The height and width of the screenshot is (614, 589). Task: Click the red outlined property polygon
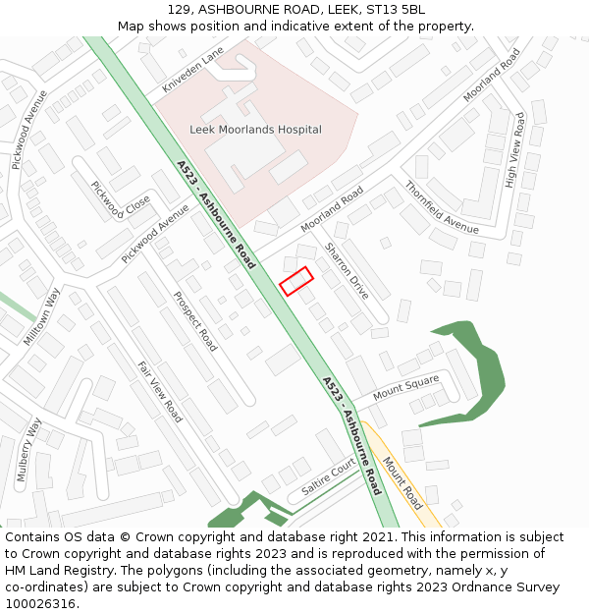(296, 281)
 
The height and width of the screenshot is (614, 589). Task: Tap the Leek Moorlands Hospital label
(255, 130)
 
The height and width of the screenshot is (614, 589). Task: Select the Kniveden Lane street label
(193, 70)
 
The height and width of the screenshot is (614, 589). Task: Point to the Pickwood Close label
(121, 200)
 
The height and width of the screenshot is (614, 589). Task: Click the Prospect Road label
(195, 321)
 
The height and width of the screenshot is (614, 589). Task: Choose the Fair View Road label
(159, 392)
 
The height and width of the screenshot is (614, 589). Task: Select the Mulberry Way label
(29, 447)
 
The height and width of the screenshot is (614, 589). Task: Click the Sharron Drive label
(348, 271)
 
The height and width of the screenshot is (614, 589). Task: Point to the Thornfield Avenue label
(441, 207)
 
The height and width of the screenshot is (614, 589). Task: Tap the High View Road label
(514, 149)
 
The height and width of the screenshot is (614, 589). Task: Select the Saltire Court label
(328, 474)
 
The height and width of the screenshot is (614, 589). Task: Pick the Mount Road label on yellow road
(402, 481)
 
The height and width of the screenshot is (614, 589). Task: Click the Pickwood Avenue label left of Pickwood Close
(28, 131)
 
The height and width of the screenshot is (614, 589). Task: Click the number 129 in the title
(178, 9)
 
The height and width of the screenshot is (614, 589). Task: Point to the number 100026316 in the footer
(39, 603)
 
